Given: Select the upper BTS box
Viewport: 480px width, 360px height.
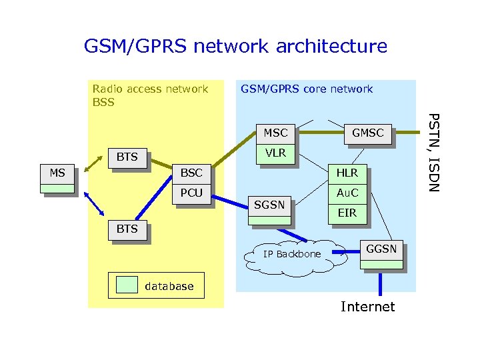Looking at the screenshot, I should pyautogui.click(x=127, y=157).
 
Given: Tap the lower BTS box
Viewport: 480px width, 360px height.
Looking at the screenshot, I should pyautogui.click(x=127, y=229).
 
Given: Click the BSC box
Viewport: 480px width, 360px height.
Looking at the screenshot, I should pyautogui.click(x=191, y=173).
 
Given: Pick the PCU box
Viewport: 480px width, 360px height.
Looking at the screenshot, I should pyautogui.click(x=191, y=193).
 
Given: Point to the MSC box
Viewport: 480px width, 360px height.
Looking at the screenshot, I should pyautogui.click(x=275, y=133).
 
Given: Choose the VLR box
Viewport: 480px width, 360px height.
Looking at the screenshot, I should pyautogui.click(x=275, y=153).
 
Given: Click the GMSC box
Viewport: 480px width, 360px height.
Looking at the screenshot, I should pyautogui.click(x=367, y=133).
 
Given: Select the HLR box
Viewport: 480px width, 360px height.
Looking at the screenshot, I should pyautogui.click(x=347, y=173).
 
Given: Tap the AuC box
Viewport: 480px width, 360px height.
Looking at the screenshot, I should pyautogui.click(x=347, y=193).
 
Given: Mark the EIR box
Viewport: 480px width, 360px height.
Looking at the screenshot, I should pyautogui.click(x=347, y=213).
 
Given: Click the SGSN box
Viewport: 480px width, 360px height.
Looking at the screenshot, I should pyautogui.click(x=269, y=206).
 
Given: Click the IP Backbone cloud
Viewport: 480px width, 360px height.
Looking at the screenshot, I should pyautogui.click(x=292, y=255).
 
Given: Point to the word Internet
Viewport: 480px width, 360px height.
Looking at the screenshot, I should pyautogui.click(x=367, y=307).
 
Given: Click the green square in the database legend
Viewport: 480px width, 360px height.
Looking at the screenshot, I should pyautogui.click(x=127, y=285).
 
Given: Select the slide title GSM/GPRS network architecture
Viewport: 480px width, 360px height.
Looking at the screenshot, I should pyautogui.click(x=235, y=46).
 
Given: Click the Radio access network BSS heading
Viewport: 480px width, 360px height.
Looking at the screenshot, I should pyautogui.click(x=150, y=95).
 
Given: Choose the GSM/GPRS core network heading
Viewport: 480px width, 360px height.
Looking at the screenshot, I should pyautogui.click(x=307, y=89).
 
